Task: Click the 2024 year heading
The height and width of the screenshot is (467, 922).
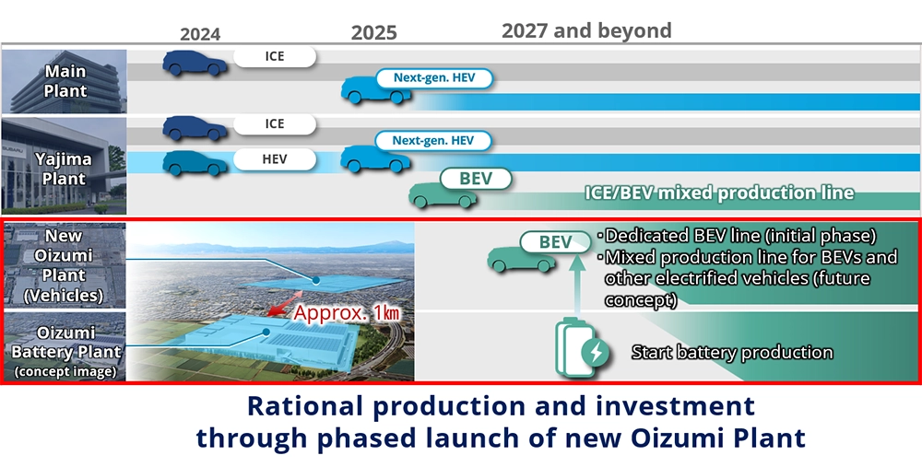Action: (x=200, y=34)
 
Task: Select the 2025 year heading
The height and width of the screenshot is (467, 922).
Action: (x=374, y=32)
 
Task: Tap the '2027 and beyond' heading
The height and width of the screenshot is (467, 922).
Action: (x=586, y=30)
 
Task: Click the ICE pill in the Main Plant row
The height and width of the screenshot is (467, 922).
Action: (x=275, y=57)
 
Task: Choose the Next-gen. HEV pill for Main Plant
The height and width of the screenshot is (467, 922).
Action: (x=434, y=78)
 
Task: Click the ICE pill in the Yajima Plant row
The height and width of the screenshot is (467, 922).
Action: (x=275, y=124)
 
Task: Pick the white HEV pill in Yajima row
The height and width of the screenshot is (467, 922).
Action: (x=275, y=159)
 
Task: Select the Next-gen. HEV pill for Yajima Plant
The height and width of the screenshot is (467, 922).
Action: (x=432, y=140)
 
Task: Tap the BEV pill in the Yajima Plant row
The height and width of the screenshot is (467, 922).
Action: (x=476, y=179)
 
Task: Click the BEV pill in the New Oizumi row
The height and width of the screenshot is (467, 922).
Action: (x=556, y=242)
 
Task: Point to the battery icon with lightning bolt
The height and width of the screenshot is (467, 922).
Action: (x=582, y=346)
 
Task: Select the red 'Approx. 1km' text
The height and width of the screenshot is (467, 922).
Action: (x=347, y=312)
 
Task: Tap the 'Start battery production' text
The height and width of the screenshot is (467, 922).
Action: (x=732, y=353)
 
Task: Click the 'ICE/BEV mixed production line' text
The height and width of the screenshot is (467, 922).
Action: (x=719, y=193)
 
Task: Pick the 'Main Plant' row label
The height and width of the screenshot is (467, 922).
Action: (x=66, y=81)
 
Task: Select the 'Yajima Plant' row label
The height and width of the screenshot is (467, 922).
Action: (x=65, y=168)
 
